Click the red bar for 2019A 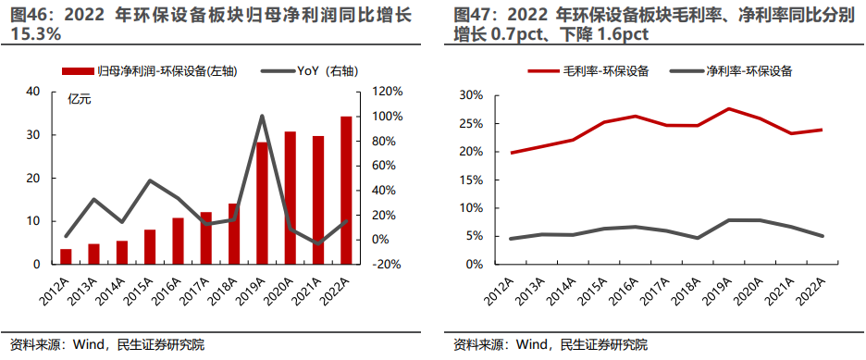pos(262,203)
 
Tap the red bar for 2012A pos(66,256)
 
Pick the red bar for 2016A pos(178,241)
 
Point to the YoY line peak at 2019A pos(262,116)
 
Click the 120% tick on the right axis pos(387,92)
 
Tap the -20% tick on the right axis pos(387,264)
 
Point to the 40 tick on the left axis pos(34,92)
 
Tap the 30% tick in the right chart pos(471,95)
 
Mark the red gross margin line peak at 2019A pos(728,109)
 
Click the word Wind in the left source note pos(82,345)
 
